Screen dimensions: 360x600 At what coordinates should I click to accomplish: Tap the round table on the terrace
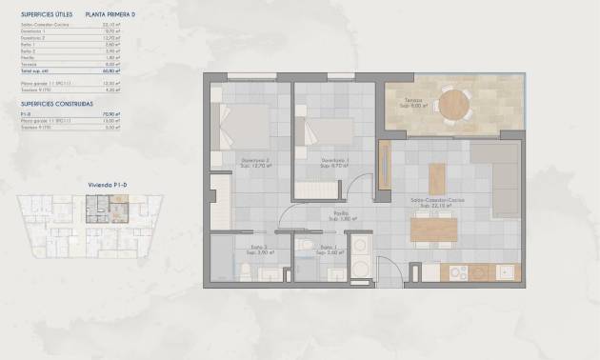click(453, 108)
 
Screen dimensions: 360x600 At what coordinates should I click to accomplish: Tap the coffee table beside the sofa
click(437, 177)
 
